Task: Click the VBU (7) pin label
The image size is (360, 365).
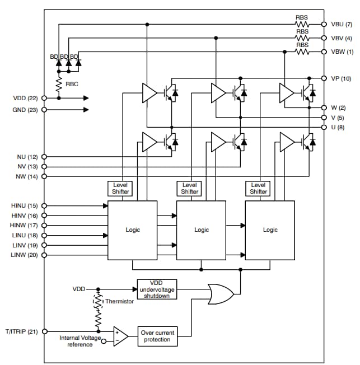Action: click(341, 25)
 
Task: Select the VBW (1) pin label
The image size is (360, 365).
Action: click(341, 52)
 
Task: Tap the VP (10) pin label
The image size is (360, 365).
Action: click(341, 78)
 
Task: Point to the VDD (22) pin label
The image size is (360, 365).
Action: click(25, 98)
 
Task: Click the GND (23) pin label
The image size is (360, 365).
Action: click(25, 110)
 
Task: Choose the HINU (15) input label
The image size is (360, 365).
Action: click(24, 206)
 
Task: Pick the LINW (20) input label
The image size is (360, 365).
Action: click(24, 255)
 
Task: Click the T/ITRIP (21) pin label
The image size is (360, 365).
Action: click(22, 332)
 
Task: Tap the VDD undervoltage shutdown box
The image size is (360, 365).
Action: click(157, 289)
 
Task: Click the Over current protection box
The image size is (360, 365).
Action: click(157, 336)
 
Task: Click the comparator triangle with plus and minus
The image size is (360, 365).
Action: click(120, 336)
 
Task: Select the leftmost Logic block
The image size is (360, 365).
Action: click(133, 230)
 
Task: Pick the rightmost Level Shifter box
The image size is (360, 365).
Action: click(258, 188)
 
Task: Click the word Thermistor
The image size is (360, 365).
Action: click(120, 302)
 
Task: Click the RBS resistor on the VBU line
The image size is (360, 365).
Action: click(302, 25)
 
